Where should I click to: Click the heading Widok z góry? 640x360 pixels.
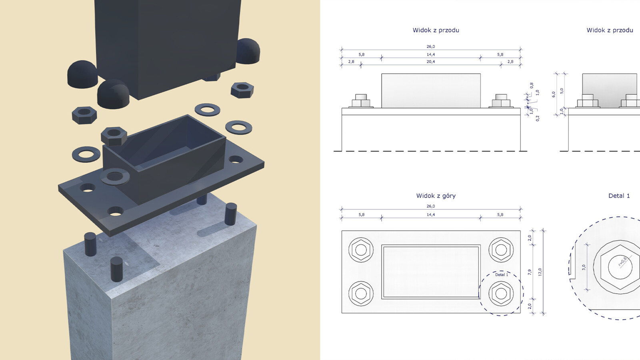[x=436, y=196]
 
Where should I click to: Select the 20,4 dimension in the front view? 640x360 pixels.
[x=430, y=62]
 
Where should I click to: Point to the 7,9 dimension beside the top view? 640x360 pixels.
[x=530, y=272]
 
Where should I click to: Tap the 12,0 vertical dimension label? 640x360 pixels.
[x=540, y=272]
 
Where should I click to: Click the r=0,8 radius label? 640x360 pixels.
[x=622, y=262]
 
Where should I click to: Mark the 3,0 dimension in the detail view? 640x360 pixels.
[x=584, y=267]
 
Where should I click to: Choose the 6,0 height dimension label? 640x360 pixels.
[x=554, y=94]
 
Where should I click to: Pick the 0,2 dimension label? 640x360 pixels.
[x=538, y=118]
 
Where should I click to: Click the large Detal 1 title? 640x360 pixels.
[x=619, y=196]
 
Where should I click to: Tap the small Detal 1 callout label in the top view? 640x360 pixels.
[x=502, y=275]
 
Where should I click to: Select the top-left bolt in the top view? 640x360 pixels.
[x=361, y=250]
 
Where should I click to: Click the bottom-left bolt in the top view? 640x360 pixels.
[x=361, y=293]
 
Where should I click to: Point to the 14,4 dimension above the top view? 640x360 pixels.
[x=430, y=215]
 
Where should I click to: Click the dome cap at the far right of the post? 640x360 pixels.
[x=248, y=51]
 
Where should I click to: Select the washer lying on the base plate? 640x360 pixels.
[x=115, y=176]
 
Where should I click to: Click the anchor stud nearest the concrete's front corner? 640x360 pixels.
[x=116, y=269]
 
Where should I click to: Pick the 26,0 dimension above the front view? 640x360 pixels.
[x=430, y=46]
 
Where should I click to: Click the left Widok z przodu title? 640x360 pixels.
[x=436, y=30]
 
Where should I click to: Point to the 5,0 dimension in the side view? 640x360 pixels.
[x=562, y=91]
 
